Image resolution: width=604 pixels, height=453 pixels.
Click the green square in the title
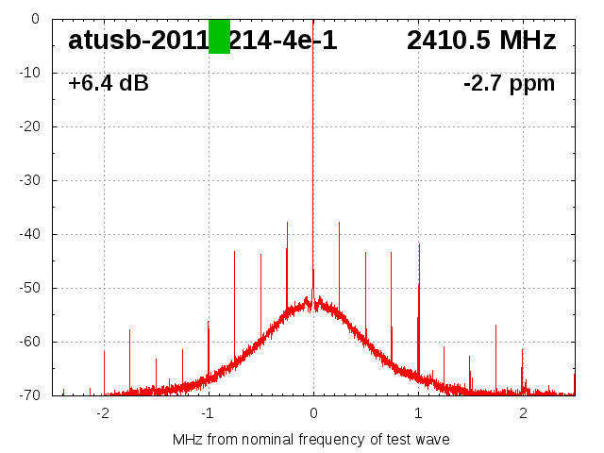(x=219, y=37)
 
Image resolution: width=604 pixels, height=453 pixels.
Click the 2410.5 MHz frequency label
(x=481, y=41)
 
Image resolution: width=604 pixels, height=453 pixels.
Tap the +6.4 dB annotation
(x=109, y=84)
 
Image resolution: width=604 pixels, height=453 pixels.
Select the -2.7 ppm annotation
(x=509, y=84)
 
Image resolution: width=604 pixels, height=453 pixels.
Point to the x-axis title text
(x=311, y=439)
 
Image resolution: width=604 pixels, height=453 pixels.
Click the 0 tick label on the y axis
(x=34, y=19)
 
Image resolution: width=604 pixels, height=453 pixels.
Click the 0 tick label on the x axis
(x=313, y=413)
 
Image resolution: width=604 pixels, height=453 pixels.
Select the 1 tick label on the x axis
(x=418, y=413)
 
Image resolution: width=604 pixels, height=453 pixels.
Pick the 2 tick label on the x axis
(x=523, y=413)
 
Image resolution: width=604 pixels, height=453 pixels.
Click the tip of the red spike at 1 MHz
(x=419, y=243)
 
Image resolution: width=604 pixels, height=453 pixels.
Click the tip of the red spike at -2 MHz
(x=104, y=350)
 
